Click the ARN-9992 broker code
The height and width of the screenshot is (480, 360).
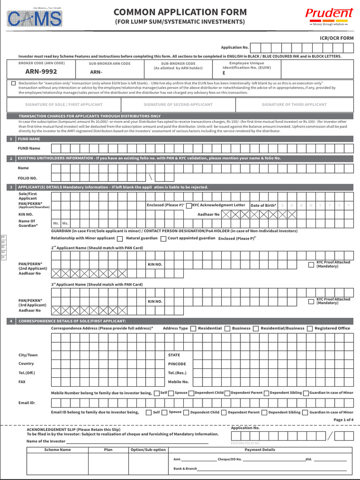41,72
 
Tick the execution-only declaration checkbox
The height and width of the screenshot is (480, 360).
14,83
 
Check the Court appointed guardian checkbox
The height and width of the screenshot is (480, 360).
163,239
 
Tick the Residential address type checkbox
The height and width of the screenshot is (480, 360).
193,329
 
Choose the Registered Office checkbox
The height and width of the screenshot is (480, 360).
310,329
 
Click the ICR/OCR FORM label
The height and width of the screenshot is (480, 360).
337,38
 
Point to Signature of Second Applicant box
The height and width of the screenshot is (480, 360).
178,105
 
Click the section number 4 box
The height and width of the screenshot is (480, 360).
11,321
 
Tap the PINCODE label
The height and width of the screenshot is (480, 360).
177,364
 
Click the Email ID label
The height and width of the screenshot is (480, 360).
27,403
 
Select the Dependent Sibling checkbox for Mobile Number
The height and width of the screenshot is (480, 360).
266,393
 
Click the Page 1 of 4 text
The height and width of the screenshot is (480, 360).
343,420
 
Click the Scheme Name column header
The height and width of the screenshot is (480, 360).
57,450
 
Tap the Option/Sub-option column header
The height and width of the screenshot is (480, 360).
148,450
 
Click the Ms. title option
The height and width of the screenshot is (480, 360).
65,224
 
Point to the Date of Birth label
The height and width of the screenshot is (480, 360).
263,205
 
